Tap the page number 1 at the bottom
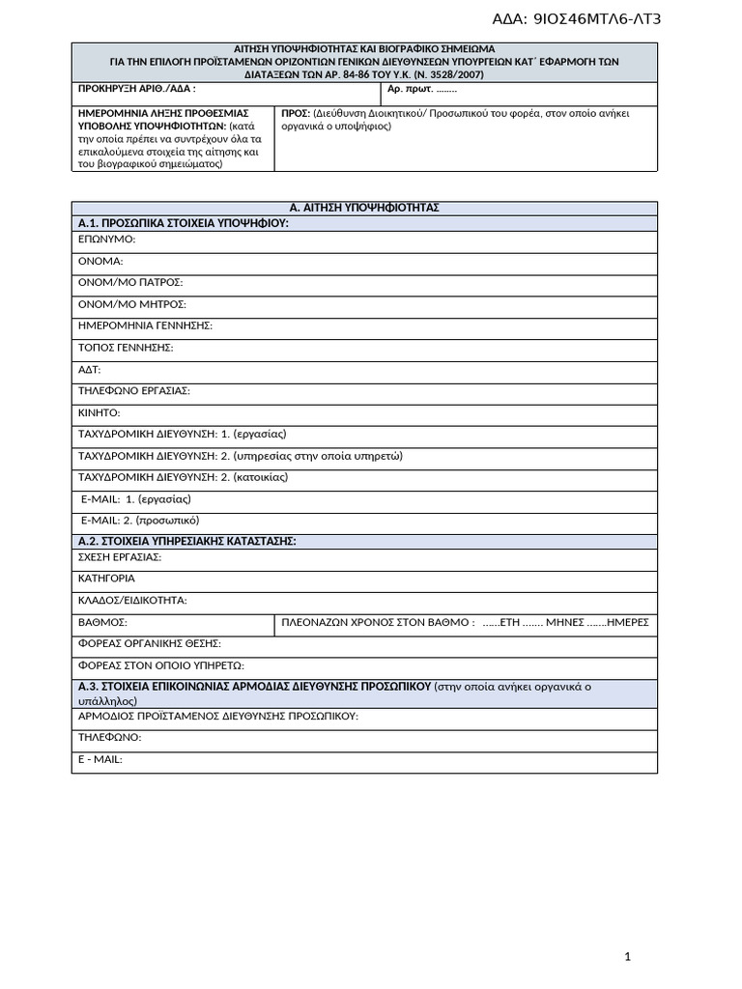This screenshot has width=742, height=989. (x=628, y=956)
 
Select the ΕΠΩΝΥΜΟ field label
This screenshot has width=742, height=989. (x=106, y=239)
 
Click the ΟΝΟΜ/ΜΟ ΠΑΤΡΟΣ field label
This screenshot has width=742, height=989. (x=129, y=282)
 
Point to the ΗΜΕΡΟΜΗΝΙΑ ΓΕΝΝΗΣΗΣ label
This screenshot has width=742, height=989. (x=145, y=325)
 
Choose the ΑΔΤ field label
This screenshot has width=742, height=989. (x=89, y=369)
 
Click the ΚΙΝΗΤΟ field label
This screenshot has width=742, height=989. (x=99, y=412)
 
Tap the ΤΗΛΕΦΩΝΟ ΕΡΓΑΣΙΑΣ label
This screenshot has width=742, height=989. (x=133, y=390)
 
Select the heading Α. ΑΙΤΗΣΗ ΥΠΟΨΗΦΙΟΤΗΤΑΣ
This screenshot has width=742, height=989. (x=364, y=208)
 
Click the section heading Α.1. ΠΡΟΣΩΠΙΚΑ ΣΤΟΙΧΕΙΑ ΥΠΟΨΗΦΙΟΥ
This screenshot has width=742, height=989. (x=183, y=223)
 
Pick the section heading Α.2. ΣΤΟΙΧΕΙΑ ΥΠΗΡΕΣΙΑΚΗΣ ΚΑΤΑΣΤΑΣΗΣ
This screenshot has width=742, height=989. (x=186, y=541)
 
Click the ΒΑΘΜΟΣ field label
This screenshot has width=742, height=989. (x=102, y=622)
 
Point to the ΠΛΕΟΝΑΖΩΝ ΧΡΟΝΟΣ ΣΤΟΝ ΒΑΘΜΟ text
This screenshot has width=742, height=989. (x=378, y=622)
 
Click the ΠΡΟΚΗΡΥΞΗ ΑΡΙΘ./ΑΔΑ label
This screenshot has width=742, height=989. (x=136, y=90)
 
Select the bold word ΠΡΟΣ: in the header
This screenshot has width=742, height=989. (x=295, y=113)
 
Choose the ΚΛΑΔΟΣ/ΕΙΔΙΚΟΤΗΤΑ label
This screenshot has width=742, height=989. (x=131, y=600)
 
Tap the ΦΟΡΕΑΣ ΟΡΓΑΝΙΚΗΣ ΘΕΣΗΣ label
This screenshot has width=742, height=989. (x=149, y=643)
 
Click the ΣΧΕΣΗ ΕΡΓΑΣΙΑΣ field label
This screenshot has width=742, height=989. (x=119, y=557)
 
